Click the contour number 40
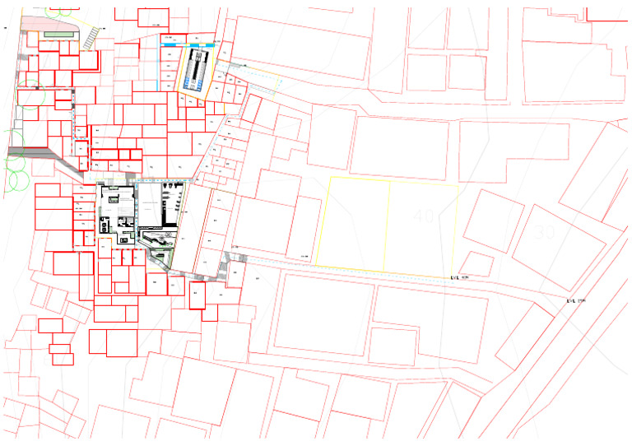click(425, 216)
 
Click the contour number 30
click(545, 233)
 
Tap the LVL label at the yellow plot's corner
click(459, 278)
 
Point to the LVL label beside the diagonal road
click(575, 301)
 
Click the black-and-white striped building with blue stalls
click(197, 70)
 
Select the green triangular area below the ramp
click(160, 258)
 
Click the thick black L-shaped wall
click(169, 210)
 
